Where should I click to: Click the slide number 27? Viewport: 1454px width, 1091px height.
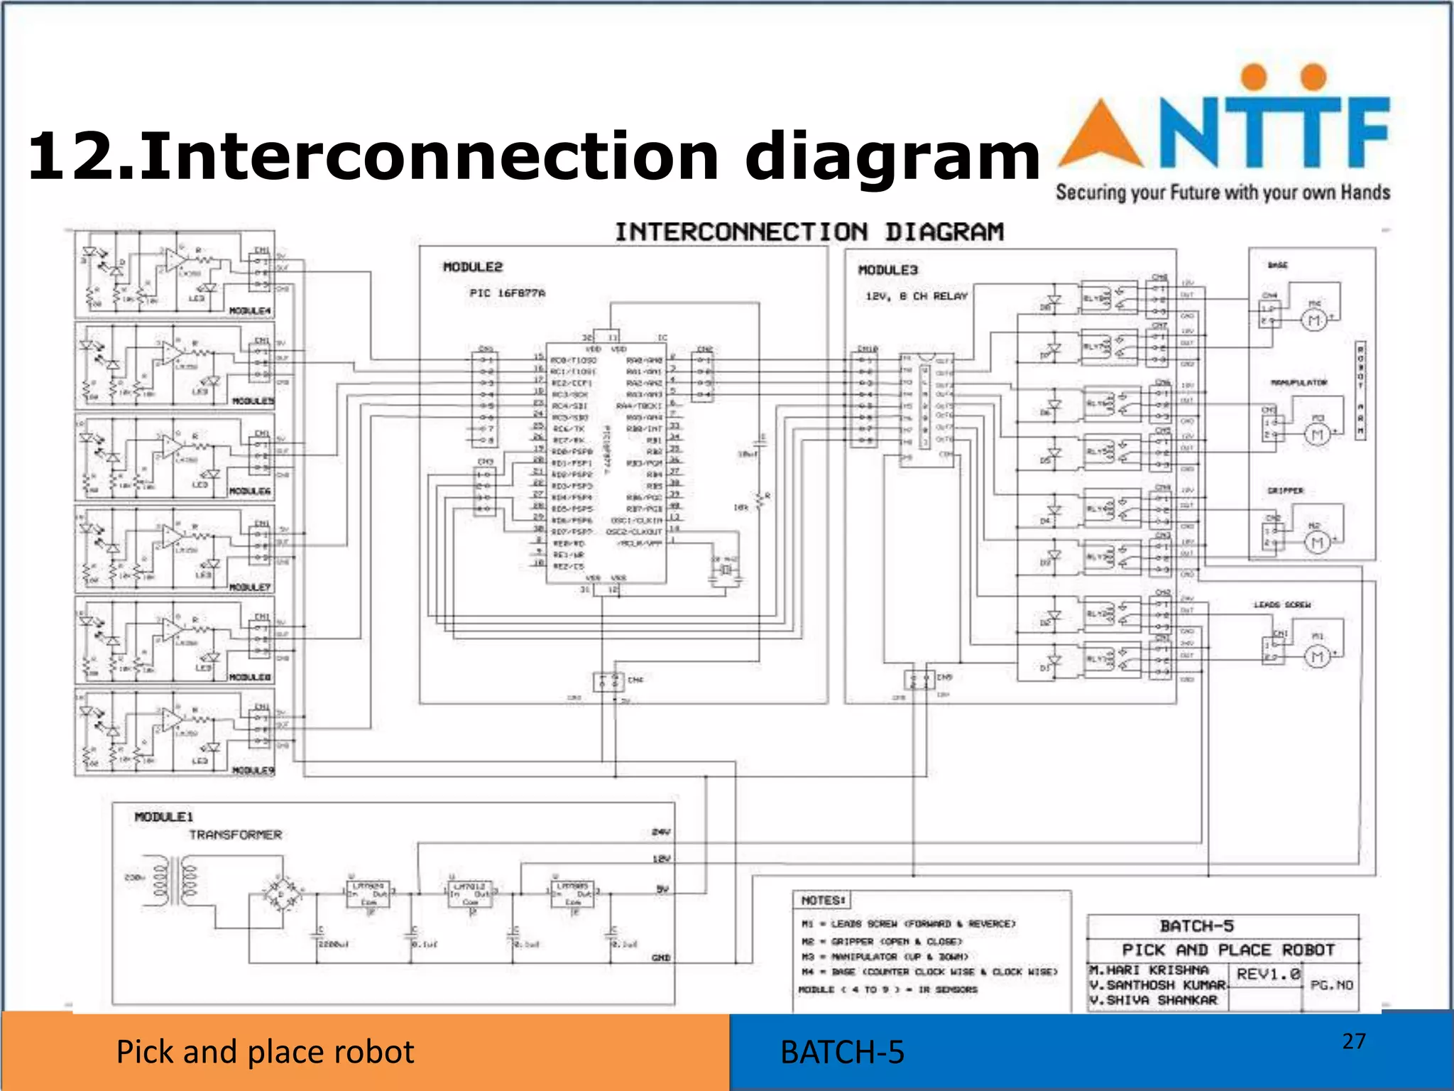(1353, 1041)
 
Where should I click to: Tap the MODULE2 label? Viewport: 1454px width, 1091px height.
(473, 267)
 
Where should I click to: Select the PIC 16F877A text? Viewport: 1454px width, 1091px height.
(507, 293)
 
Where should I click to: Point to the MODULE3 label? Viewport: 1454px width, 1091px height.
(888, 270)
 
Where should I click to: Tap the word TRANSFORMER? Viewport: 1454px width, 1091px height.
(235, 835)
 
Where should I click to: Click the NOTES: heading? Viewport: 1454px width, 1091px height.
(823, 901)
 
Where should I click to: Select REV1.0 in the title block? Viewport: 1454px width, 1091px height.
(1268, 975)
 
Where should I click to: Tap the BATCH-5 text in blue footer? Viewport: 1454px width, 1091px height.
(842, 1053)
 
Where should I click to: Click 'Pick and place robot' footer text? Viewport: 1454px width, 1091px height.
(265, 1052)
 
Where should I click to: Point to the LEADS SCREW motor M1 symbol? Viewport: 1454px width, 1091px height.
(1317, 656)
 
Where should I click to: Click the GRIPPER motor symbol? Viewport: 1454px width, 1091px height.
(1317, 543)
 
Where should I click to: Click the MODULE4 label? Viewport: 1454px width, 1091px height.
(249, 311)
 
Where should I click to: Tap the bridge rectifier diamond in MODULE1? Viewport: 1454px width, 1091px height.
(283, 896)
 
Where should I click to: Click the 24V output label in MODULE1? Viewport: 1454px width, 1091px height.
(660, 832)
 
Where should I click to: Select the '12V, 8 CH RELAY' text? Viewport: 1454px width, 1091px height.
(917, 296)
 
